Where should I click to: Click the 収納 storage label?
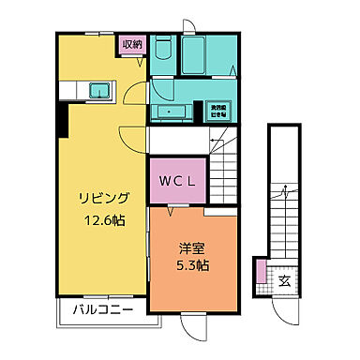coord(130,43)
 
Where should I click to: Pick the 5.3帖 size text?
coord(192,266)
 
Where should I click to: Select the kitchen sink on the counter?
coord(98,90)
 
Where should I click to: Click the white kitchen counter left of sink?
coord(74,90)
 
